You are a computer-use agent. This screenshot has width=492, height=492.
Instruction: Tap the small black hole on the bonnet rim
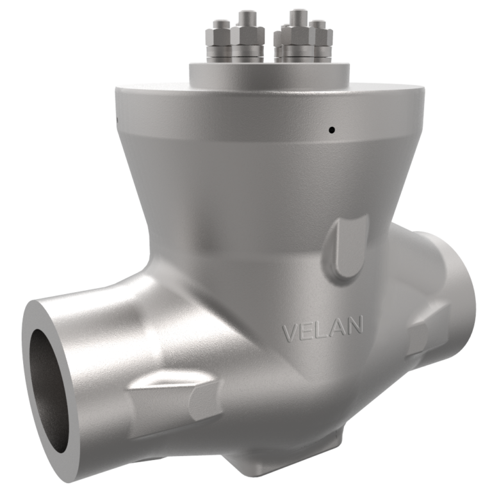coord(331,130)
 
